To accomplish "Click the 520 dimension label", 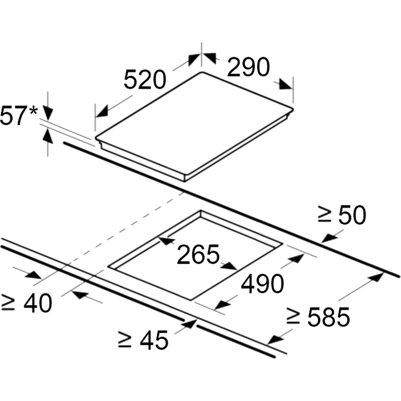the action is coord(145,79).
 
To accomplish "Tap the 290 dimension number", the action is coord(248,67).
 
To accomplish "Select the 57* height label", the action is coord(19,116).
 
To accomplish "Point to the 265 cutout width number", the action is coord(198,254).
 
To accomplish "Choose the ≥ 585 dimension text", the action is coord(318,317).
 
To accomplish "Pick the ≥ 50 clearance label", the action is coord(342,215).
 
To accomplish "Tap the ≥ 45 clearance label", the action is coord(143,340).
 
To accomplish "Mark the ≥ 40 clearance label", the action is coord(27,303).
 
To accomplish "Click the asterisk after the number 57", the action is coord(34,111).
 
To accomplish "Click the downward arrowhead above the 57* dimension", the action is coord(48,114).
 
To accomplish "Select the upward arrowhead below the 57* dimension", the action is coord(48,135).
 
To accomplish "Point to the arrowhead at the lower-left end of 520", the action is coord(102,112).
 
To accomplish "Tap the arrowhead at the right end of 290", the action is coord(286,84).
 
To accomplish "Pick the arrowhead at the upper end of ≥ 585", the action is coord(377,277).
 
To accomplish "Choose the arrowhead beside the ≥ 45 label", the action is coord(189,324).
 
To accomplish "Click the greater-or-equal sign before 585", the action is coord(293,317).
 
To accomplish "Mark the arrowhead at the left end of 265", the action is coord(166,241).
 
